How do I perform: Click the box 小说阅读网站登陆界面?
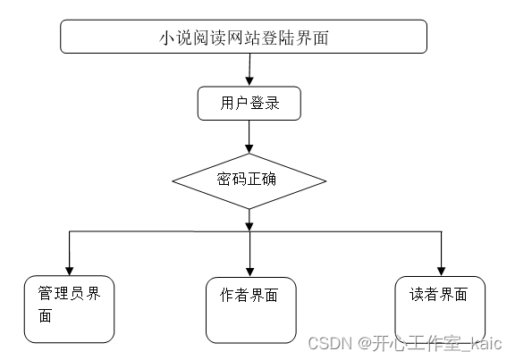click(247, 38)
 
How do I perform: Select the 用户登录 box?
click(249, 104)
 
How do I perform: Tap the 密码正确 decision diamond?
click(249, 180)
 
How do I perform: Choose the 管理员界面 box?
click(69, 308)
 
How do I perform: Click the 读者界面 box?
click(440, 306)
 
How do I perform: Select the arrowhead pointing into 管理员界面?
click(69, 269)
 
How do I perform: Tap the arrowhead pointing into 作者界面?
click(249, 271)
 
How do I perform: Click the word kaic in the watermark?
click(486, 343)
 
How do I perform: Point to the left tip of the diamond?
click(173, 180)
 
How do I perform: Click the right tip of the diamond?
click(325, 180)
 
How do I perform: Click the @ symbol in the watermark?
click(365, 343)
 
